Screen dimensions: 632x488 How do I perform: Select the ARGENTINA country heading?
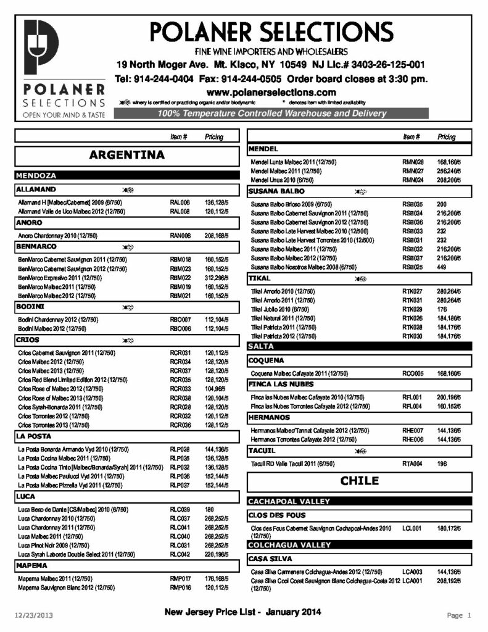click(x=126, y=155)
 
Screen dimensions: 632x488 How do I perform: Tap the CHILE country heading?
click(x=359, y=481)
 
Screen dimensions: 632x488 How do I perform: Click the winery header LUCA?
click(x=27, y=496)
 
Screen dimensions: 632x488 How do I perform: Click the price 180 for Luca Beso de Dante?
click(x=212, y=509)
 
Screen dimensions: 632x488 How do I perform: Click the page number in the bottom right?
click(x=459, y=615)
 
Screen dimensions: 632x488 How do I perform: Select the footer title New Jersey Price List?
click(x=242, y=612)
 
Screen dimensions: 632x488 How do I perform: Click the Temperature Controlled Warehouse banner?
click(x=271, y=114)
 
